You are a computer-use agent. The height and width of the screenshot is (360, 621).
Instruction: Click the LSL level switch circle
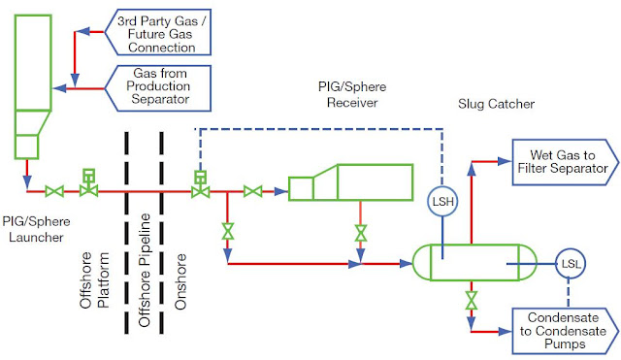click(569, 261)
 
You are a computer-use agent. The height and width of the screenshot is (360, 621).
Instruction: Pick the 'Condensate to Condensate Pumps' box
click(561, 331)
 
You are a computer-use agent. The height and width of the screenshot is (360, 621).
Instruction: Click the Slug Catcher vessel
click(472, 261)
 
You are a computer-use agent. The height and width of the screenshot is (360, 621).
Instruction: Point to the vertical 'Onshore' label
click(180, 282)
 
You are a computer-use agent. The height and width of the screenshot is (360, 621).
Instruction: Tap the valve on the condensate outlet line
click(472, 301)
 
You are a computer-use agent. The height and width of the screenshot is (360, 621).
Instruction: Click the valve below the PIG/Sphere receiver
click(361, 233)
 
